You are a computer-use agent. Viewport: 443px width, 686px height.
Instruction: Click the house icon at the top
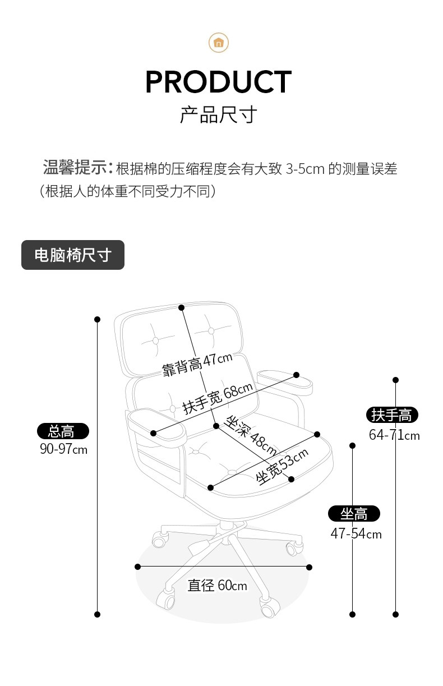pyautogui.click(x=219, y=43)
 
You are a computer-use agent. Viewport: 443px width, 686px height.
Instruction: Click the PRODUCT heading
pyautogui.click(x=218, y=82)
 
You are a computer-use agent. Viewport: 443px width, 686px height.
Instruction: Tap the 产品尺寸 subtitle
pyautogui.click(x=218, y=114)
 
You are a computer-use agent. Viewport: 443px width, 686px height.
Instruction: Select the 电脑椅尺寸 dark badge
pyautogui.click(x=73, y=255)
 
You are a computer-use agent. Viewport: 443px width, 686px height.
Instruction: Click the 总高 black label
pyautogui.click(x=63, y=431)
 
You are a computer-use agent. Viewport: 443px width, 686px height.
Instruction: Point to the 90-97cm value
pyautogui.click(x=63, y=449)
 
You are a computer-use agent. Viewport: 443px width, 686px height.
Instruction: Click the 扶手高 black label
pyautogui.click(x=392, y=415)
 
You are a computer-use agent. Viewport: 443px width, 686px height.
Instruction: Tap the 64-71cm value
pyautogui.click(x=394, y=435)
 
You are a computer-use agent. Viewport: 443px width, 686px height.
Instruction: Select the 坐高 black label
pyautogui.click(x=354, y=513)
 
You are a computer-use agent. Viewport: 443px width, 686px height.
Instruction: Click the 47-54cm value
pyautogui.click(x=356, y=533)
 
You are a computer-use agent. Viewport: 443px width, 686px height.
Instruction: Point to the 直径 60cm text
pyautogui.click(x=217, y=586)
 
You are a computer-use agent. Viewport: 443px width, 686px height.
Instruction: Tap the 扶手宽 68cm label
pyautogui.click(x=218, y=398)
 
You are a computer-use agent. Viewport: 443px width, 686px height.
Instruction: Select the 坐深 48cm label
pyautogui.click(x=250, y=435)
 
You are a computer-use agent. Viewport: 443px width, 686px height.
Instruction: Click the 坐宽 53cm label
pyautogui.click(x=282, y=467)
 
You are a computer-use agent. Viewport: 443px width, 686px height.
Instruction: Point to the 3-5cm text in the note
pyautogui.click(x=305, y=168)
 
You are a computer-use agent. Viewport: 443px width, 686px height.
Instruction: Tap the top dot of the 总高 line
pyautogui.click(x=97, y=319)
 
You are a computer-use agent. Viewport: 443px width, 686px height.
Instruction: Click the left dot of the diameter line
pyautogui.click(x=137, y=567)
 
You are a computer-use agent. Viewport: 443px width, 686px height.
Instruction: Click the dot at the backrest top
pyautogui.click(x=181, y=307)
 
